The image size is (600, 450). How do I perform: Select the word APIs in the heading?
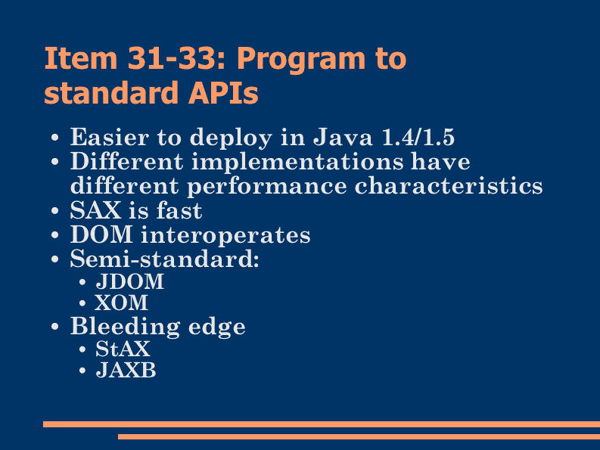click(223, 92)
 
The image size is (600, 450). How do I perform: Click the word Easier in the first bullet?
click(110, 137)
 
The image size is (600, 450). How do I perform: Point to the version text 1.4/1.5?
click(418, 137)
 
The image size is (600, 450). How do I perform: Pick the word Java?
click(343, 137)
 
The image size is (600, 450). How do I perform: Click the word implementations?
click(297, 162)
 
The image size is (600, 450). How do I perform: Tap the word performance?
click(267, 187)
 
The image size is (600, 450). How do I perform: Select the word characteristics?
click(449, 186)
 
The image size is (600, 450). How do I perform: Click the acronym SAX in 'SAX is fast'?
click(95, 210)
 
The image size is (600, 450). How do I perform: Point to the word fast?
click(179, 210)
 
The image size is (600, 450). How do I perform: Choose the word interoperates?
click(225, 235)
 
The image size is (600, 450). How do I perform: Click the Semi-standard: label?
click(164, 259)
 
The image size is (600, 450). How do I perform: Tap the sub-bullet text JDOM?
click(129, 281)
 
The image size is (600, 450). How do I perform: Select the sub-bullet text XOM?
click(121, 303)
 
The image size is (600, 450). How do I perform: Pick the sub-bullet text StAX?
click(123, 349)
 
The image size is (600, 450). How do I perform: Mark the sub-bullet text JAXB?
click(126, 371)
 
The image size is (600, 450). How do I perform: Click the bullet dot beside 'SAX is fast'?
click(55, 211)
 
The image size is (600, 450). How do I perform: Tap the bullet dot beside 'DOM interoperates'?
click(55, 235)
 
